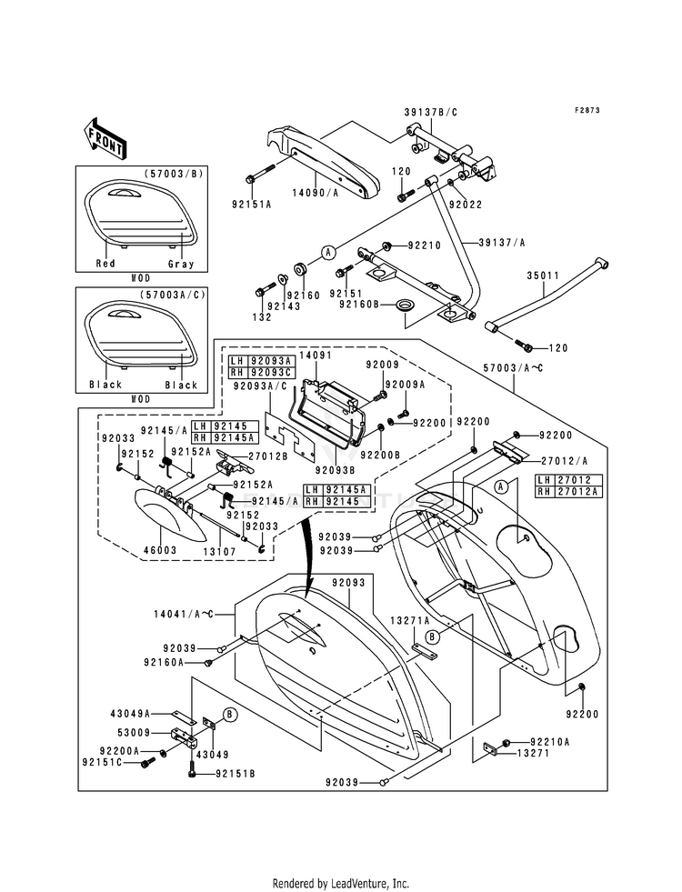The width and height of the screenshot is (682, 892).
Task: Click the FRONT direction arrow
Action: tap(105, 138)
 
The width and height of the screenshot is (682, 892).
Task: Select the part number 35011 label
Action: tap(543, 276)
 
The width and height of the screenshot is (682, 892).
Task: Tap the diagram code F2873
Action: tap(587, 110)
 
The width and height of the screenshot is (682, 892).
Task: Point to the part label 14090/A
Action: tap(316, 193)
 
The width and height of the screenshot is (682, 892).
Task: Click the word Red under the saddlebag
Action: tap(105, 264)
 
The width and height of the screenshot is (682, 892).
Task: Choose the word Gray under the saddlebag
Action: tap(182, 264)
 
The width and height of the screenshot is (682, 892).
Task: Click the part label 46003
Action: tap(160, 550)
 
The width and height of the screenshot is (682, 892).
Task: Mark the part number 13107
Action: tap(220, 551)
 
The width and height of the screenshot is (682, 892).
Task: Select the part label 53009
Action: tap(133, 732)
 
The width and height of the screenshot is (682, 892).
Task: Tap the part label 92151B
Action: tap(235, 774)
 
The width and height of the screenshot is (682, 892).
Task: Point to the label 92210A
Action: tap(550, 742)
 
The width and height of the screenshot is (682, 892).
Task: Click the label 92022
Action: tap(466, 205)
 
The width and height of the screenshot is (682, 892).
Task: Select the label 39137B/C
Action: tap(431, 112)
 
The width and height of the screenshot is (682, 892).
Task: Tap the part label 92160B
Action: tap(359, 305)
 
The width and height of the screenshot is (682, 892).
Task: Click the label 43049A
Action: tap(130, 714)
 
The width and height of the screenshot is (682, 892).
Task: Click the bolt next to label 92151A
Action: tap(261, 173)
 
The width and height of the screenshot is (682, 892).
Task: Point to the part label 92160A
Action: tap(165, 662)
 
